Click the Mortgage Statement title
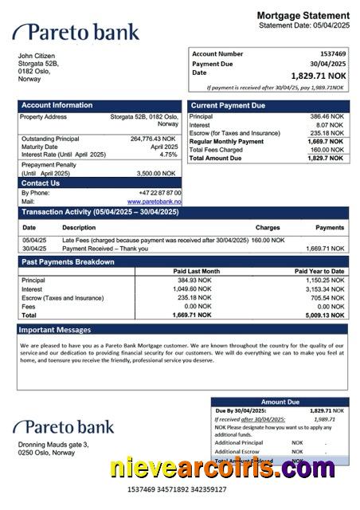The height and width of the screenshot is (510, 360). (303, 15)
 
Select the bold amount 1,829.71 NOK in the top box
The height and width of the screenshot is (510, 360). (318, 76)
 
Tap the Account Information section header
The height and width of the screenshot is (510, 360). (57, 105)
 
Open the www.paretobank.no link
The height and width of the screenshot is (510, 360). (155, 202)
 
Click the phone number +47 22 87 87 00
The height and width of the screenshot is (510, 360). (159, 193)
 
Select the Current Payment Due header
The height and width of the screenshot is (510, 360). (229, 105)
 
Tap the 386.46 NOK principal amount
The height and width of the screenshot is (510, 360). (327, 116)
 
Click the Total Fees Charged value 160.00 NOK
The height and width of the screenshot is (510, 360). (327, 150)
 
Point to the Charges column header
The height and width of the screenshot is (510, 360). (268, 228)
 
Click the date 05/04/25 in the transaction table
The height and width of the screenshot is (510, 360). (34, 239)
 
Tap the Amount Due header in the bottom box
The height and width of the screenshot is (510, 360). (280, 402)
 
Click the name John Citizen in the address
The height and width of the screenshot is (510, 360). (37, 55)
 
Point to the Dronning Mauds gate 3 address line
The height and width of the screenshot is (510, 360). (53, 444)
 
